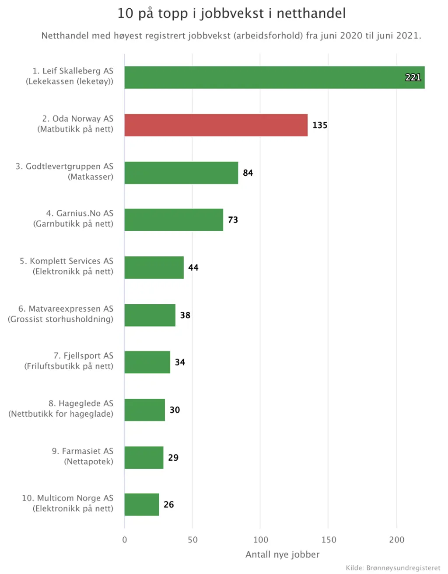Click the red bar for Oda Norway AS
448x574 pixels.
[x=216, y=125]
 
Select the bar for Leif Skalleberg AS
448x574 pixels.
[x=274, y=77]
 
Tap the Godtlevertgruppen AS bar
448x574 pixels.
[x=181, y=173]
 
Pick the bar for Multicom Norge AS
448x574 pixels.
[x=142, y=504]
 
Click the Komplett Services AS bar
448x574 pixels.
[x=154, y=268]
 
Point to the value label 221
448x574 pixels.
[x=413, y=77]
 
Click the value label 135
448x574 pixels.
[x=320, y=125]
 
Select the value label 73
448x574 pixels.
[x=233, y=220]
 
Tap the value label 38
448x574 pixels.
[x=185, y=315]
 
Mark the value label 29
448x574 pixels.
[x=173, y=458]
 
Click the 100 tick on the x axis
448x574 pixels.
[x=261, y=540]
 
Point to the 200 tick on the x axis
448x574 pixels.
[x=397, y=540]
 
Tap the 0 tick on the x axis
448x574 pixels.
[x=125, y=540]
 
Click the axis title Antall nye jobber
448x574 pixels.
[x=282, y=555]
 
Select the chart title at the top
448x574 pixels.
[x=231, y=13]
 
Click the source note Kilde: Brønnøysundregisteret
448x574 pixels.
[x=393, y=568]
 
